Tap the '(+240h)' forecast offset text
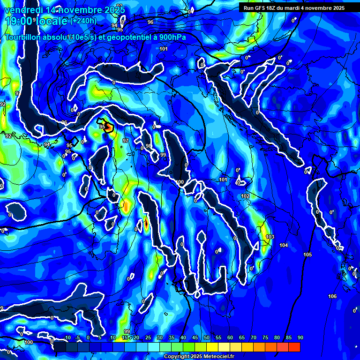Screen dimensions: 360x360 coord(83,21)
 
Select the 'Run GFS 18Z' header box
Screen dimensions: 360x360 coord(294,7)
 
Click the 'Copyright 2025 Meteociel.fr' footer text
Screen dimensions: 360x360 coord(199,357)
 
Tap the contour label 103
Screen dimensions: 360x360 coord(270,237)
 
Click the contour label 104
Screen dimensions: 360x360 coord(284,246)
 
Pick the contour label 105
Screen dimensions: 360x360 coord(307,255)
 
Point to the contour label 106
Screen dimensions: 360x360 coord(332,296)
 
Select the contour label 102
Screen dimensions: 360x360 coord(245,196)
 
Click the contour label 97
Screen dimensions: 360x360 coord(125,141)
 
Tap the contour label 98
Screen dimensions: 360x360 coord(149,146)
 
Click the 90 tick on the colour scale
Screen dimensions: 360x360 coord(300,338)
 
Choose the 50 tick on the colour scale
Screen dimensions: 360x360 coord(207,338)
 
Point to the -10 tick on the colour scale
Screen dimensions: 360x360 coord(67,338)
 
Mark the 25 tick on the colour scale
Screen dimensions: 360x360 coord(148,338)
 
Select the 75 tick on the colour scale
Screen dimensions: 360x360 coord(265,338)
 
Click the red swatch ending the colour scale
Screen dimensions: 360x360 coord(294,347)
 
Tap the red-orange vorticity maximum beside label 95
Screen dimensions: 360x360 coord(108,127)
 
